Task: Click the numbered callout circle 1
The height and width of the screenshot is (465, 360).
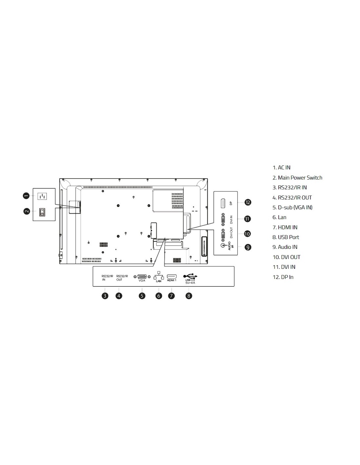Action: [26, 196]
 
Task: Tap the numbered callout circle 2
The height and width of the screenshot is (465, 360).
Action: [27, 211]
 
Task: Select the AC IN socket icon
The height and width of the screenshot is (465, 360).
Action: [42, 196]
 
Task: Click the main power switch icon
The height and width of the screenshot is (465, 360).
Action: [42, 212]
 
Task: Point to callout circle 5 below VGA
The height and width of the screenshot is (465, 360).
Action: [142, 296]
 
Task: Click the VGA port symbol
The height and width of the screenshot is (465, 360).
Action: [142, 276]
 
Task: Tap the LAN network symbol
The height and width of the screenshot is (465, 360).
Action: [158, 275]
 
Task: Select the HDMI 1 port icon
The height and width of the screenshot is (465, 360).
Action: [171, 276]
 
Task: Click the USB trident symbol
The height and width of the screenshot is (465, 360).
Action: [190, 276]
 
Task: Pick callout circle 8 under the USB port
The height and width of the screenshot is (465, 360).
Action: [189, 296]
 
